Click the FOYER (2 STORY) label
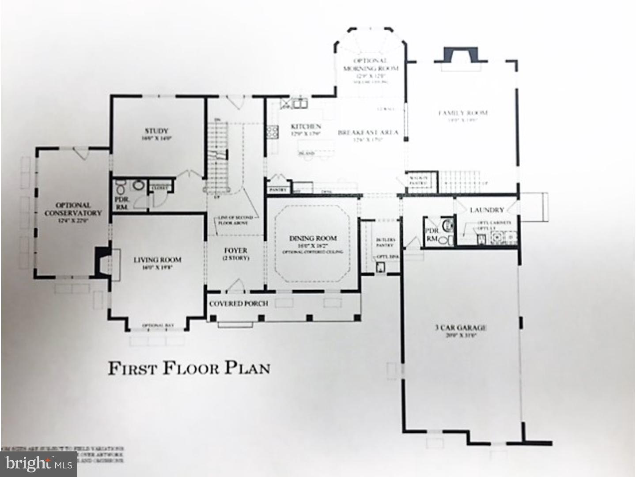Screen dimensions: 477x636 (235, 254)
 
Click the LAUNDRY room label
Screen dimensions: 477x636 (487, 210)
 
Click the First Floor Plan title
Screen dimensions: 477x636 (189, 368)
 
